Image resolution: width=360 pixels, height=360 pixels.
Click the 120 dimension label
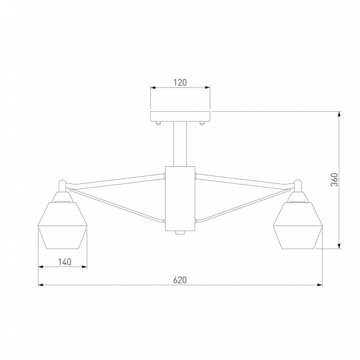pos(180,81)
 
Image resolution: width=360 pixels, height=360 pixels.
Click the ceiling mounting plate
pos(180,116)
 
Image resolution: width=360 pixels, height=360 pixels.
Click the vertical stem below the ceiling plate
pos(180,143)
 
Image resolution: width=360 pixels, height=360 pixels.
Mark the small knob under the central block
pos(180,233)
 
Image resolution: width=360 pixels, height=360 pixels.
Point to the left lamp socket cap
pos(62,196)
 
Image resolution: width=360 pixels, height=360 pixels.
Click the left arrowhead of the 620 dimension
pos(41,285)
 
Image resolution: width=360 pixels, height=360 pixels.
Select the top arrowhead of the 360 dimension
pos(339,114)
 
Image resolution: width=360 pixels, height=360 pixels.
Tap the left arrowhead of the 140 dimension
pos(41,267)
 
